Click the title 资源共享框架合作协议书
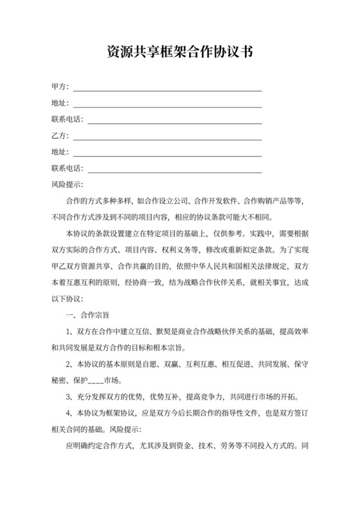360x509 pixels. pyautogui.click(x=179, y=53)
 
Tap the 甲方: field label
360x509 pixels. pyautogui.click(x=60, y=86)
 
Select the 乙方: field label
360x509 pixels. pyautogui.click(x=60, y=136)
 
